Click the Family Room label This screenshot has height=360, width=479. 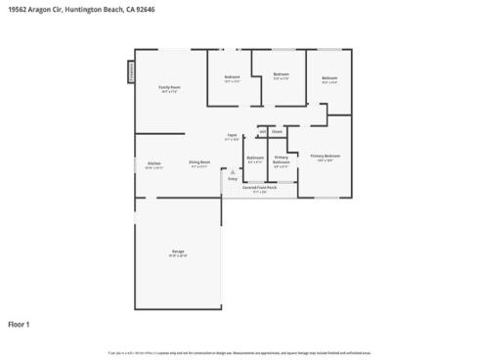click(170, 88)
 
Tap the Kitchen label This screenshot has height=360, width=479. click(154, 163)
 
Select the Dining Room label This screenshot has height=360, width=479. click(200, 163)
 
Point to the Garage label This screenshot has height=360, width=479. click(178, 251)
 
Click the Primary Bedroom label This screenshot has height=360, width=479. click(326, 156)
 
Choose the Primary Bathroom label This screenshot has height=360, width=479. click(281, 159)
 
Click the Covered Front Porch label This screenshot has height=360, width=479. click(260, 188)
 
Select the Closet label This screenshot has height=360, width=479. click(277, 130)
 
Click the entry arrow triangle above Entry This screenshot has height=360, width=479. click(233, 172)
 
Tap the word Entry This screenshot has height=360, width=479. click(233, 179)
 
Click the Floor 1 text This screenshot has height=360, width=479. click(20, 323)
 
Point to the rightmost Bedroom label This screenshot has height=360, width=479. click(329, 78)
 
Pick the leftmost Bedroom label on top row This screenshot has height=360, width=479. click(232, 77)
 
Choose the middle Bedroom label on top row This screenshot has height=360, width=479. click(281, 74)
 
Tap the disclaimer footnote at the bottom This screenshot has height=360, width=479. click(239, 352)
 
